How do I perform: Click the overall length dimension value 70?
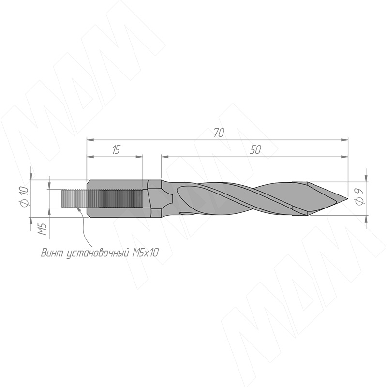pos(219,133)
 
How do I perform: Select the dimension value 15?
pos(116,150)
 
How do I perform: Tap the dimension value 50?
pos(255,150)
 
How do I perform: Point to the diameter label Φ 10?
pos(24,197)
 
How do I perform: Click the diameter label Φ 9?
pos(360,196)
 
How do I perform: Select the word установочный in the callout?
pos(98,253)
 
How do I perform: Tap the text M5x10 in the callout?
pos(146,253)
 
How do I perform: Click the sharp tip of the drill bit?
pos(347,198)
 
